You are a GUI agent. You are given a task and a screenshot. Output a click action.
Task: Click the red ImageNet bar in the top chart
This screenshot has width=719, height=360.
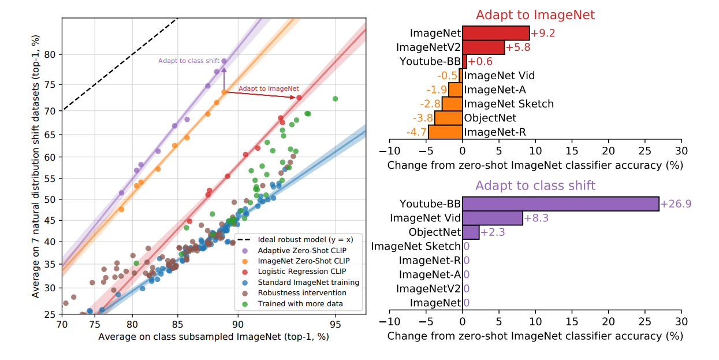[x=496, y=33]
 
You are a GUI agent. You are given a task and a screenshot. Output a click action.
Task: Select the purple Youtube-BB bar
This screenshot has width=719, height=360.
[x=560, y=203]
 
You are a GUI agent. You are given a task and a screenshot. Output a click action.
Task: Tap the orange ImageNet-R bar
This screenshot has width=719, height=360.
[x=445, y=132]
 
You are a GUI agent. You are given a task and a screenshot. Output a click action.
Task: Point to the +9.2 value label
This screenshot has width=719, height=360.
[x=543, y=34]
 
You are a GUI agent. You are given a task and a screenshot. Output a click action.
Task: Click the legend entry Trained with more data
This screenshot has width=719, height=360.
[x=300, y=303]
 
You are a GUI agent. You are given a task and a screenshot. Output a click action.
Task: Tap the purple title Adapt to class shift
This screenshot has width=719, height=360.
[x=535, y=185]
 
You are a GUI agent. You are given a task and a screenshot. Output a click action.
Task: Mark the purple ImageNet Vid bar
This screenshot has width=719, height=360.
[x=492, y=218]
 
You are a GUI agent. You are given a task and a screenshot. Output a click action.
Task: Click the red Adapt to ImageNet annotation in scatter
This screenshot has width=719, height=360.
[x=269, y=89]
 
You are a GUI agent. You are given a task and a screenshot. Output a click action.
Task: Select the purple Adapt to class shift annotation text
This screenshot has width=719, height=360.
[x=189, y=61]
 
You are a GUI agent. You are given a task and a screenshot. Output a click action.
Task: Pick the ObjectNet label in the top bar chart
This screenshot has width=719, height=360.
[x=490, y=118]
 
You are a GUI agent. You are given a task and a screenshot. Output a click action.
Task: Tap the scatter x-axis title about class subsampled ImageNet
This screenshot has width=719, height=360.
[x=213, y=336]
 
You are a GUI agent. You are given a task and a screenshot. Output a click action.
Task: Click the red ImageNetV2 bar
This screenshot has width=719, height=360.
[x=483, y=47]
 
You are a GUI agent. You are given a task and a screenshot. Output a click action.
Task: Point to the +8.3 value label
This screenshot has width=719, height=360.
[x=537, y=218]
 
